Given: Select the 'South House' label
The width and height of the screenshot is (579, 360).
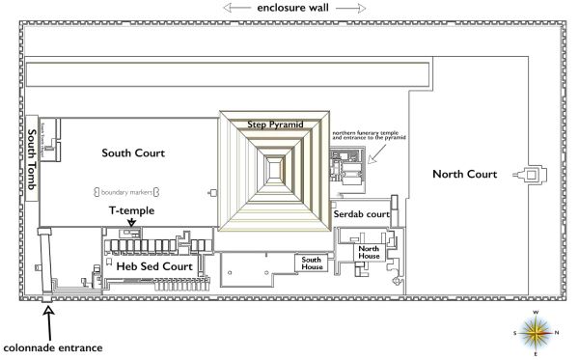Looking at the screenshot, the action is pos(311,262).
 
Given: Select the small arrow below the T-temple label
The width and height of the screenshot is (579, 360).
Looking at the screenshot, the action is pos(130,223).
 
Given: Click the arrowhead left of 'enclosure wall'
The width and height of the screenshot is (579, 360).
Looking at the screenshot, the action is pos(227,9).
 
